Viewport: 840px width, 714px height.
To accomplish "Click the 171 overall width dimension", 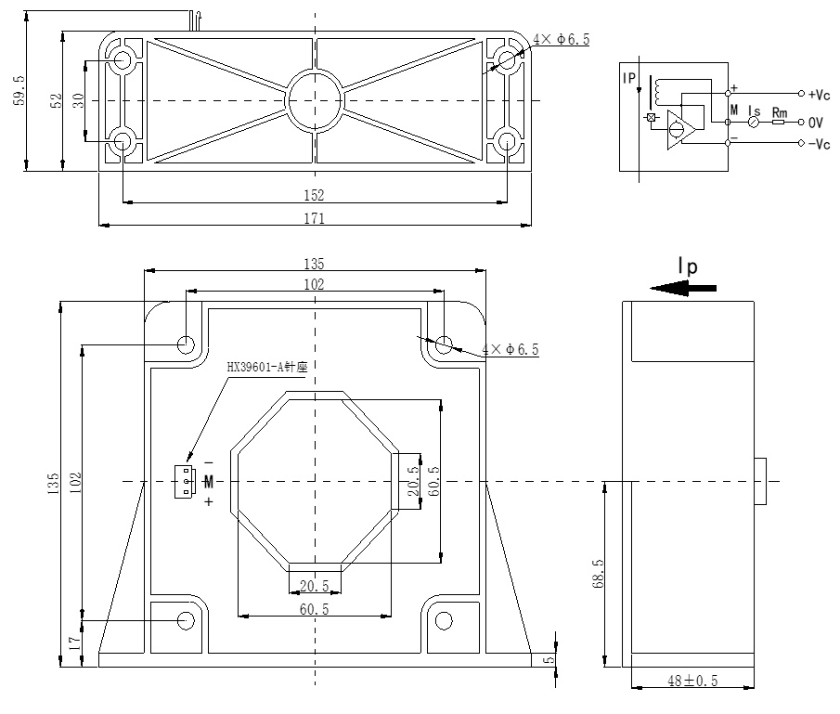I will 315,218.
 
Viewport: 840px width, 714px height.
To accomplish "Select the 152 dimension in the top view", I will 314,195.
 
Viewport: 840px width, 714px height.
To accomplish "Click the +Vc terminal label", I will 818,94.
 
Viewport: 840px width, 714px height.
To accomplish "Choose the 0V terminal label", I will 816,122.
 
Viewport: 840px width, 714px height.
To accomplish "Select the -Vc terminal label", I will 818,144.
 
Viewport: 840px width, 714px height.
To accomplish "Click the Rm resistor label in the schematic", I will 779,112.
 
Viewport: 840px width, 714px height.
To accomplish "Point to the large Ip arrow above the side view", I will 684,288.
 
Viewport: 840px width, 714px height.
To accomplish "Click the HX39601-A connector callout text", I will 266,367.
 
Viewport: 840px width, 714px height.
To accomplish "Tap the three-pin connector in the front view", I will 186,481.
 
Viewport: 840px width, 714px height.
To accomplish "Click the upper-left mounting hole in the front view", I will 187,344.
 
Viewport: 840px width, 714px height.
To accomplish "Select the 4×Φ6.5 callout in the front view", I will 510,350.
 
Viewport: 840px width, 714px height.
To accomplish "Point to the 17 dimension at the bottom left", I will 75,643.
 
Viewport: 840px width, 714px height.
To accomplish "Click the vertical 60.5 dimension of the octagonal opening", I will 433,482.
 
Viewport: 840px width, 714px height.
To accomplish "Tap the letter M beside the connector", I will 209,481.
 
